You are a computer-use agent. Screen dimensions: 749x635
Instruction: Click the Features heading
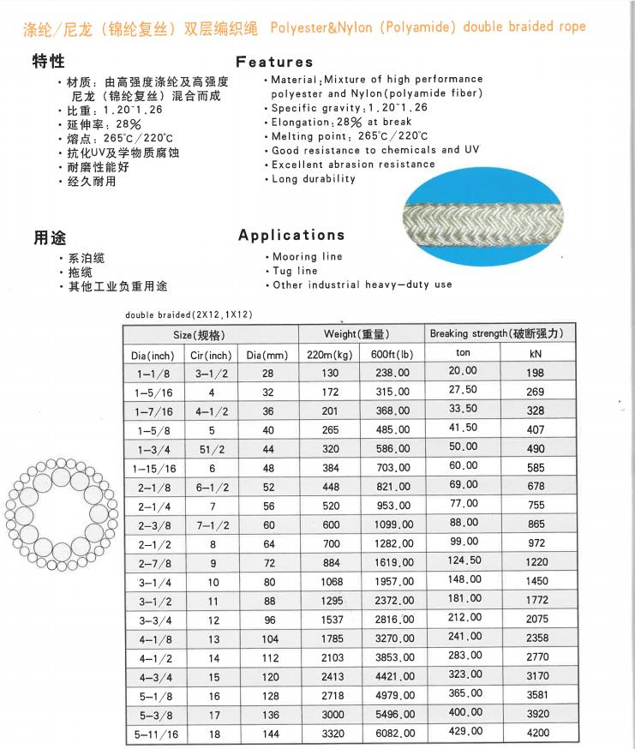pyautogui.click(x=274, y=62)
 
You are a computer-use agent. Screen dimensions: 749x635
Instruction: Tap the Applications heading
pyautogui.click(x=291, y=235)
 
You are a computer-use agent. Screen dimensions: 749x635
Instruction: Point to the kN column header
pyautogui.click(x=536, y=353)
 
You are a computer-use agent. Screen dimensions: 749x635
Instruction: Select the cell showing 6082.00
pyautogui.click(x=393, y=734)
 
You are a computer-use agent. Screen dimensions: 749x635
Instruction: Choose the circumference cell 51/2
pyautogui.click(x=211, y=449)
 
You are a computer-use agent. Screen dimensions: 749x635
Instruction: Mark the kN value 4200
pyautogui.click(x=536, y=732)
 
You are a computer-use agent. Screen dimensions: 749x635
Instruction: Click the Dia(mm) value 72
pyautogui.click(x=268, y=562)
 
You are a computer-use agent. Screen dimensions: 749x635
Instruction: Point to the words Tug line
pyautogui.click(x=295, y=271)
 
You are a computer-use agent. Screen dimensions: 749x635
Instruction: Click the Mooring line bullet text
pyautogui.click(x=307, y=256)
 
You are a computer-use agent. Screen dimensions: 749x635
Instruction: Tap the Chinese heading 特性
pyautogui.click(x=49, y=63)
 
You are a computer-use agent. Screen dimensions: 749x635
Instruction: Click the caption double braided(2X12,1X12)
pyautogui.click(x=189, y=315)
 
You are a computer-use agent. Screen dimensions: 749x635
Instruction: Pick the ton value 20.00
pyautogui.click(x=463, y=370)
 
